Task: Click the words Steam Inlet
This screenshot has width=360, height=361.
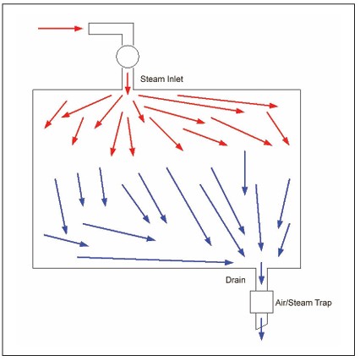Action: tap(161, 79)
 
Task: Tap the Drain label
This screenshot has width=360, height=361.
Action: tap(236, 280)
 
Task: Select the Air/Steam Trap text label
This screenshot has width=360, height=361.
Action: tap(303, 303)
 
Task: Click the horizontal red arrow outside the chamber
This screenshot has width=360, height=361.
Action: tap(60, 28)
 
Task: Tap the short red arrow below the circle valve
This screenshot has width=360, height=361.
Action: tap(128, 84)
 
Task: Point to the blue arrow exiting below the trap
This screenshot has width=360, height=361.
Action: tap(261, 329)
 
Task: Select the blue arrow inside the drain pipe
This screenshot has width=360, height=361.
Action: tap(261, 273)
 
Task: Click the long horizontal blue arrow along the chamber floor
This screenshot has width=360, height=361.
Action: tap(155, 260)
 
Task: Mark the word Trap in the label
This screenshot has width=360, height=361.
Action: tap(323, 303)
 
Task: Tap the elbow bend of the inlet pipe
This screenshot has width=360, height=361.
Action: tap(128, 29)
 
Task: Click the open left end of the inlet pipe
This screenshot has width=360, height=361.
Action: tap(89, 29)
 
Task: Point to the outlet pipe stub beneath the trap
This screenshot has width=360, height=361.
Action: tap(261, 320)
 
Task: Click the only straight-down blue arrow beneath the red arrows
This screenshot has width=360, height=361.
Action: tap(244, 173)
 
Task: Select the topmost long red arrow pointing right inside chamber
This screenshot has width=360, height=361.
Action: tap(227, 101)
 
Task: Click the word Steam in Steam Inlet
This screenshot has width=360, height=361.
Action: tap(150, 79)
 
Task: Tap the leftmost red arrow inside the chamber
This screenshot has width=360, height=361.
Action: tap(56, 115)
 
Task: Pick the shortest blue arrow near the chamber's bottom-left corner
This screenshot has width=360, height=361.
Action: tap(66, 240)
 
